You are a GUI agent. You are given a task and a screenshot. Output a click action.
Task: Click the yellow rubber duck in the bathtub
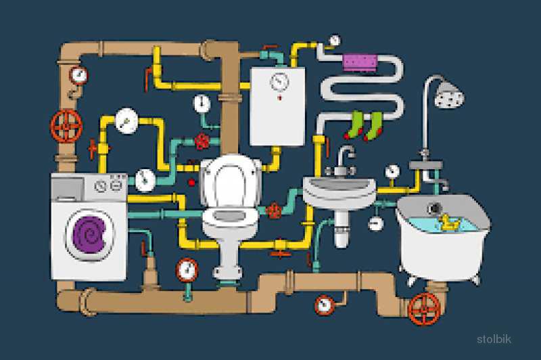448,222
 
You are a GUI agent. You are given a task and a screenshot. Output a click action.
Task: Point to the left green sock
354,125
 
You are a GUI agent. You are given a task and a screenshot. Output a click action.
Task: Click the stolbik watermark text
494,339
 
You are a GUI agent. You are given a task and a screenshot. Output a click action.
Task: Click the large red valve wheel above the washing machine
66,126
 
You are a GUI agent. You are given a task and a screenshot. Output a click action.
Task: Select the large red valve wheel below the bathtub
425,309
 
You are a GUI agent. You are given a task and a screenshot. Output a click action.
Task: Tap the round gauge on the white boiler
279,82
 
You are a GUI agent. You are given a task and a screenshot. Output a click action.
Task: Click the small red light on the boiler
279,97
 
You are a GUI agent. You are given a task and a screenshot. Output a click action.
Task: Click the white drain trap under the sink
342,229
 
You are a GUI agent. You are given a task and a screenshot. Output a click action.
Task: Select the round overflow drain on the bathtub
435,208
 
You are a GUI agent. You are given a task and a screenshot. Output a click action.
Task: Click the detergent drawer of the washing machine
68,189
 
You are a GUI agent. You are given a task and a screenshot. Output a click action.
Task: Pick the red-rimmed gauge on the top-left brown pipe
79,76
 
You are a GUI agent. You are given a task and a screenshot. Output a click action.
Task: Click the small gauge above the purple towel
334,41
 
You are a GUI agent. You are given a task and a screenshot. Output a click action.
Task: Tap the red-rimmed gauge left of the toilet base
187,270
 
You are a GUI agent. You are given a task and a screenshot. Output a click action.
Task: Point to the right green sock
374,126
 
